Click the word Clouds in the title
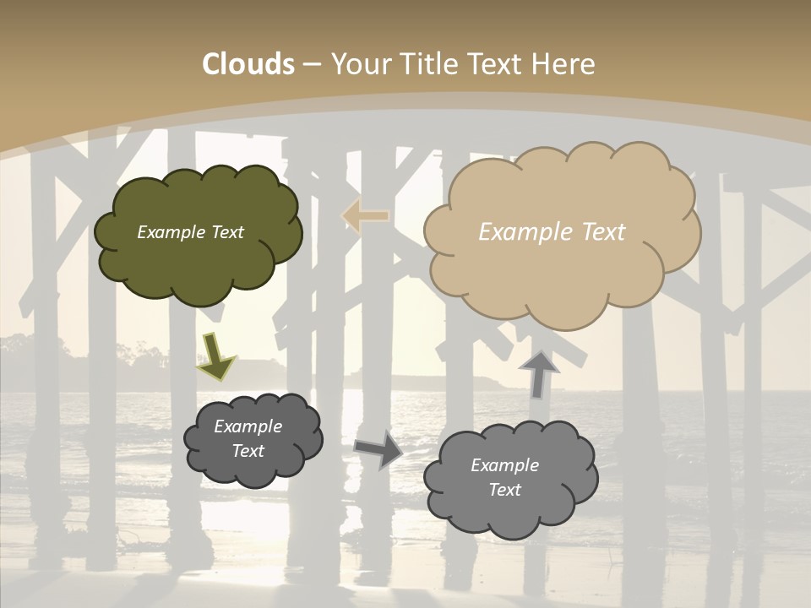click(248, 64)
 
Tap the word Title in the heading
click(427, 64)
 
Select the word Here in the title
click(565, 64)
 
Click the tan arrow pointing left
click(365, 216)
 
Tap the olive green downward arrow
click(215, 356)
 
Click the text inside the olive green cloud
click(190, 232)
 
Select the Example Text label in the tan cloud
click(552, 232)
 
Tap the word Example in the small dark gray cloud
click(248, 426)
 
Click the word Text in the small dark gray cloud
click(248, 451)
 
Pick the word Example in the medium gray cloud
click(504, 465)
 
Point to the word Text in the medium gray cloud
click(504, 490)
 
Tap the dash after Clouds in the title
click(311, 64)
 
